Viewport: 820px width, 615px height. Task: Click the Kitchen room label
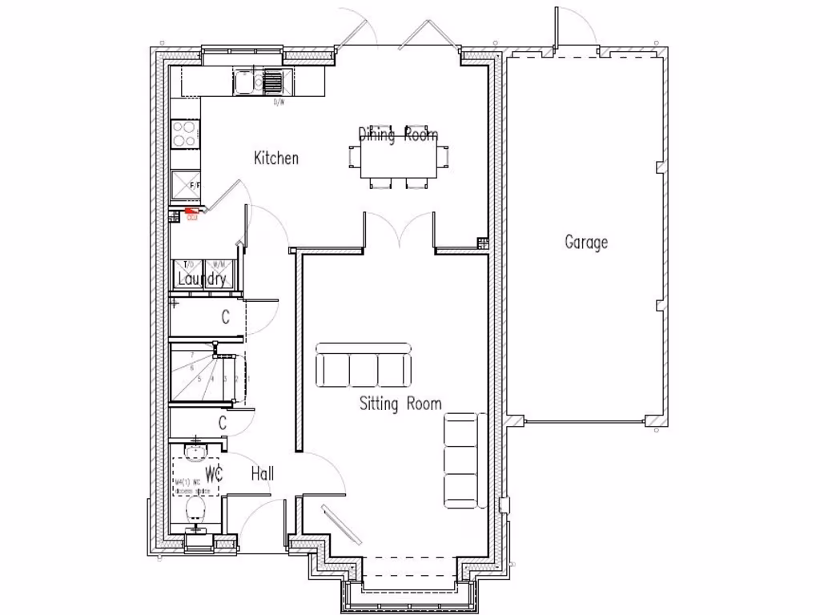[x=276, y=158]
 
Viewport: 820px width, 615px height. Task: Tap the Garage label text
[x=586, y=242]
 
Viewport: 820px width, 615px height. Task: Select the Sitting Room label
[x=400, y=404]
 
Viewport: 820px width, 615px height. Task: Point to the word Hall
[x=262, y=473]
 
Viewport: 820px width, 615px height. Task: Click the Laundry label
[x=202, y=279]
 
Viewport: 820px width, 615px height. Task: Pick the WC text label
[x=214, y=473]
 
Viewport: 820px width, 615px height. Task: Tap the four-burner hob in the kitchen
[x=185, y=133]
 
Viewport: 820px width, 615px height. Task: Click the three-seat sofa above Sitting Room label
[x=364, y=366]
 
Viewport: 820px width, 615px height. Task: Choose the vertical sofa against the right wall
[x=464, y=461]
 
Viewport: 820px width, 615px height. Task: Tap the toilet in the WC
[x=196, y=509]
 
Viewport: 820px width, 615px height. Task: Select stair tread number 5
[x=199, y=379]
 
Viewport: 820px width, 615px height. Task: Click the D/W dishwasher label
[x=279, y=102]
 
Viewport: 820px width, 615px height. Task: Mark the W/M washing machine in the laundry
[x=219, y=268]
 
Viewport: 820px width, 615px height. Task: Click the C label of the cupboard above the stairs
[x=225, y=318]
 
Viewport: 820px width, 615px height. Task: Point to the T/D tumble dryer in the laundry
[x=188, y=268]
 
